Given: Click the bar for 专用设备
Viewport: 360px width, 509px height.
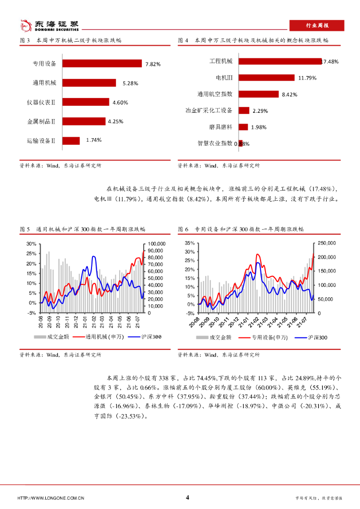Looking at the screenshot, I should [102, 64].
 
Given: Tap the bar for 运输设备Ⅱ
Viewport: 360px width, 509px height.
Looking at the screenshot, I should [71, 140].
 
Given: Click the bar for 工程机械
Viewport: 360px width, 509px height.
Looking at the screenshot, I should [280, 61].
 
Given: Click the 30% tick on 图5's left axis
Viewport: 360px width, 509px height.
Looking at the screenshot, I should [31, 244].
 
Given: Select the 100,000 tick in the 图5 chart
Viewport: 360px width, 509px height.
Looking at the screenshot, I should [156, 244].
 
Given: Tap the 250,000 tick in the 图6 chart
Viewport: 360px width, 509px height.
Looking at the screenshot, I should [326, 243].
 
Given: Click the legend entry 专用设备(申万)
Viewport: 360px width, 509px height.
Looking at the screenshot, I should [264, 338].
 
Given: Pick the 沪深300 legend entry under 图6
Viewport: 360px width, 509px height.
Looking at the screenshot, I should [312, 338].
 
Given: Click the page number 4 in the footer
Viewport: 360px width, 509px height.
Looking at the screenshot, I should [187, 498].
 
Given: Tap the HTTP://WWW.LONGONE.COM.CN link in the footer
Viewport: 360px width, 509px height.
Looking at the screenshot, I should [51, 498].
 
